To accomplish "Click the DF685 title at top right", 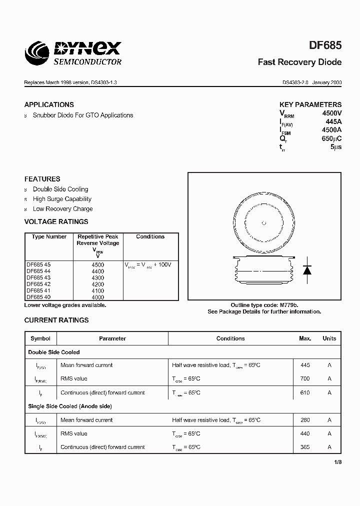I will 325,45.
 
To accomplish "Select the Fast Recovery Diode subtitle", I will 299,62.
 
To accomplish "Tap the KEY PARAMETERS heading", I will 310,104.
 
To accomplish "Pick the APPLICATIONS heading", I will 49,104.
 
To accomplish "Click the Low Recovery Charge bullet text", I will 62,209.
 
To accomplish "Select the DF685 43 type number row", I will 38,277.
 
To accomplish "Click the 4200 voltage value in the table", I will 98,284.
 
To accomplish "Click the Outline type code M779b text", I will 264,304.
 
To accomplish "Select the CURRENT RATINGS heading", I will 56,320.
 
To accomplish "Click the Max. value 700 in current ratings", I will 305,379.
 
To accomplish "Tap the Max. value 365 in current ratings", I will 305,447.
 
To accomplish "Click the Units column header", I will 329,338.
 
